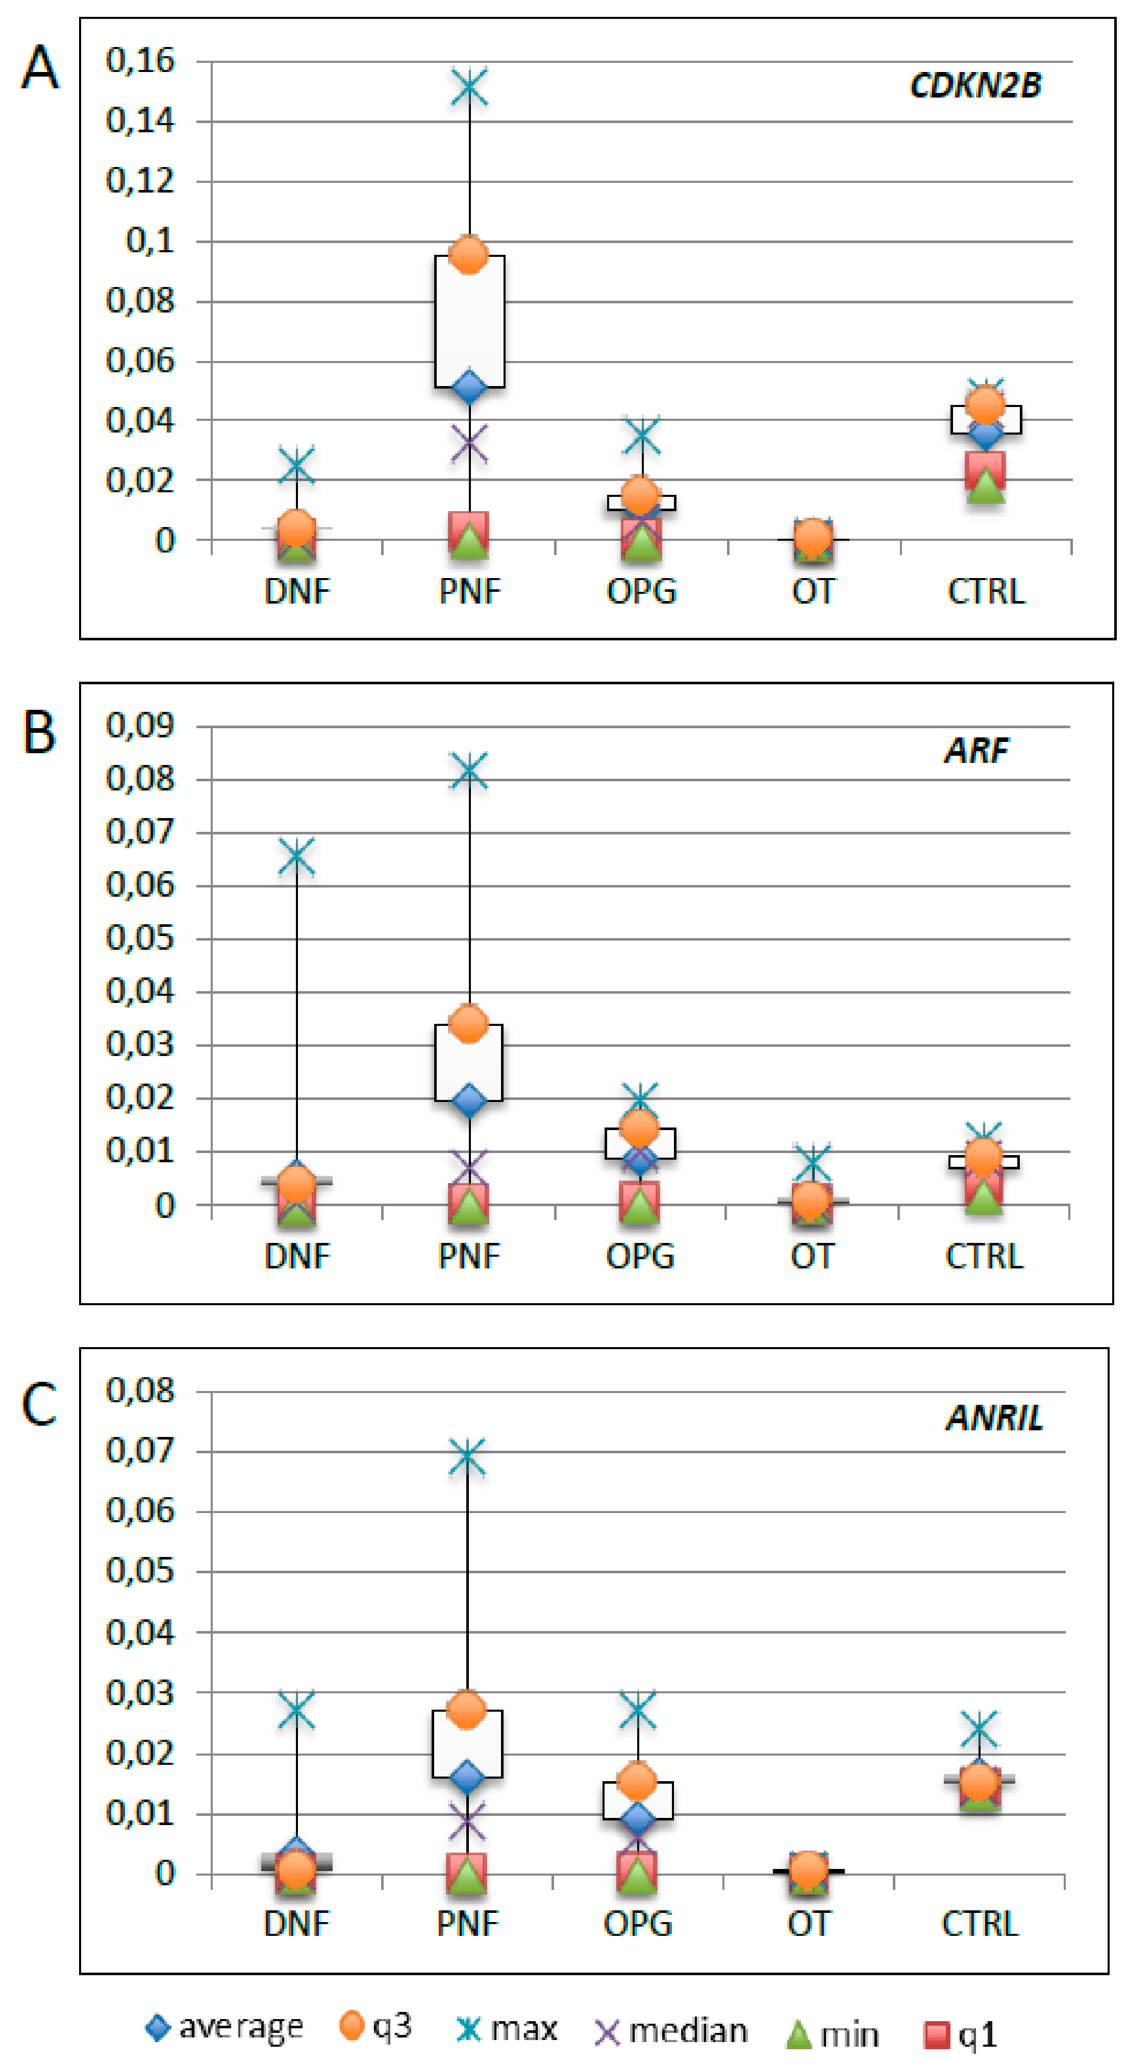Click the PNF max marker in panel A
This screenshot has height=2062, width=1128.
(469, 87)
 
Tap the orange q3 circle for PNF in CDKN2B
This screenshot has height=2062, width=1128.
(469, 254)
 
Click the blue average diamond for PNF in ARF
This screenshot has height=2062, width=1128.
(469, 1100)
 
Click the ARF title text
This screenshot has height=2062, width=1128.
(976, 750)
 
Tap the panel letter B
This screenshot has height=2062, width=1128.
(38, 732)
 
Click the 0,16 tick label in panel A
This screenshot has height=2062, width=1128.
(140, 61)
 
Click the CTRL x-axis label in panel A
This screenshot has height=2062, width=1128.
(986, 591)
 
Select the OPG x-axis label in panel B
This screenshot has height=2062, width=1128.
(640, 1256)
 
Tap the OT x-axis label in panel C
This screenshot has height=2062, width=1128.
(809, 1924)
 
